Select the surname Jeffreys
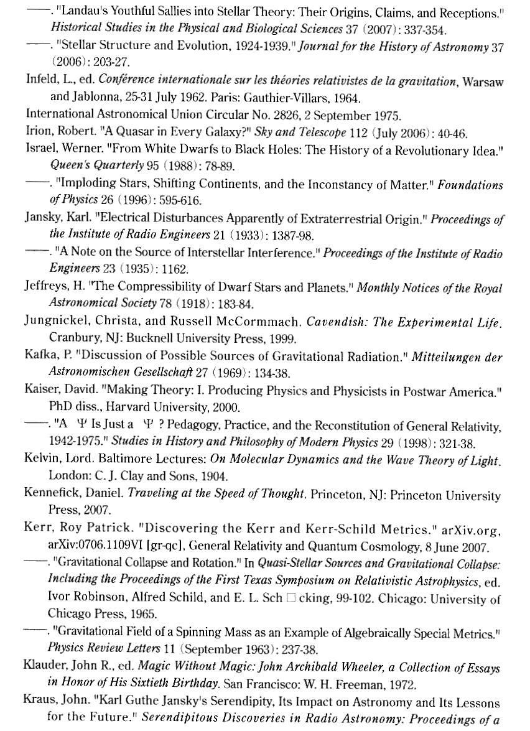pos(45,289)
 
